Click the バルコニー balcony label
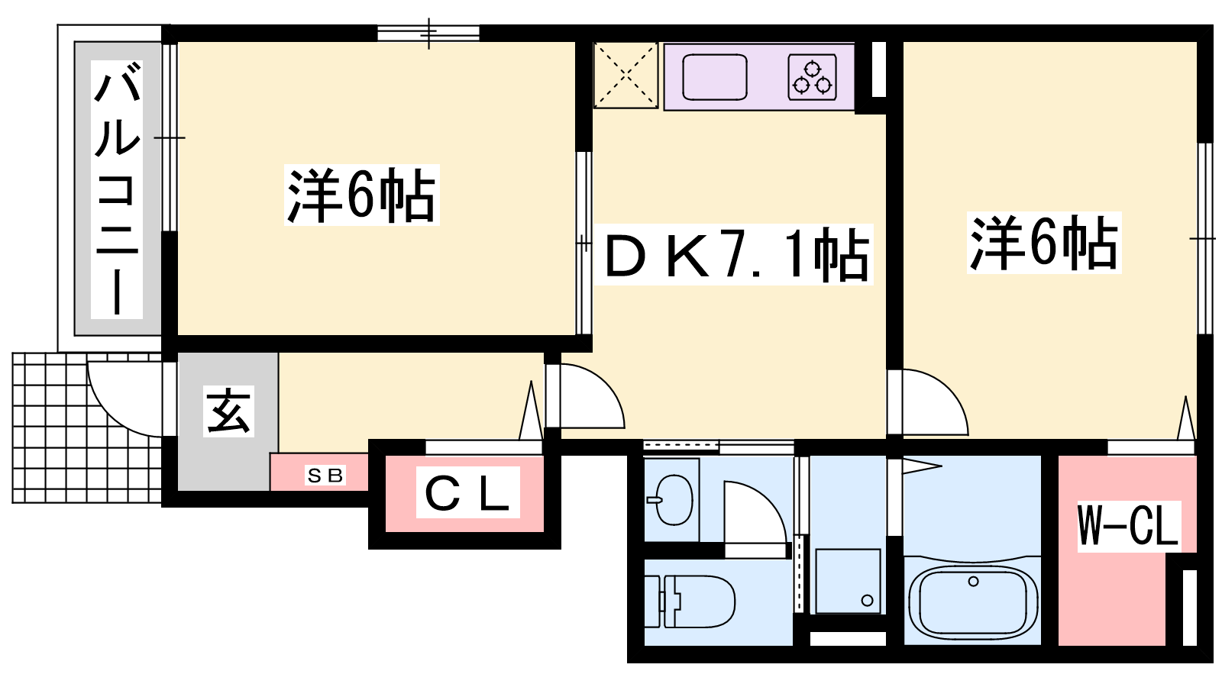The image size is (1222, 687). click(x=117, y=189)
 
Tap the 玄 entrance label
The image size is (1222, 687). click(x=228, y=411)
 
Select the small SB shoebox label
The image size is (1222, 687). click(x=325, y=476)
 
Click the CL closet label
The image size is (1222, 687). click(x=467, y=492)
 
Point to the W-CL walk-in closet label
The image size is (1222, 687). click(x=1129, y=526)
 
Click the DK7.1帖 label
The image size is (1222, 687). click(x=734, y=255)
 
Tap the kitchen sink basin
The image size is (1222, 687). click(x=715, y=77)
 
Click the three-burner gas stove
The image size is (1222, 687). click(x=813, y=77)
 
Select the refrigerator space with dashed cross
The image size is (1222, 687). click(x=626, y=76)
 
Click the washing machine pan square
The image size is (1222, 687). click(x=848, y=581)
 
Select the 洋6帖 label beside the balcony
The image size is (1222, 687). click(x=362, y=195)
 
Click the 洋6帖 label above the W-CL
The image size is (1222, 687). click(x=1044, y=243)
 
